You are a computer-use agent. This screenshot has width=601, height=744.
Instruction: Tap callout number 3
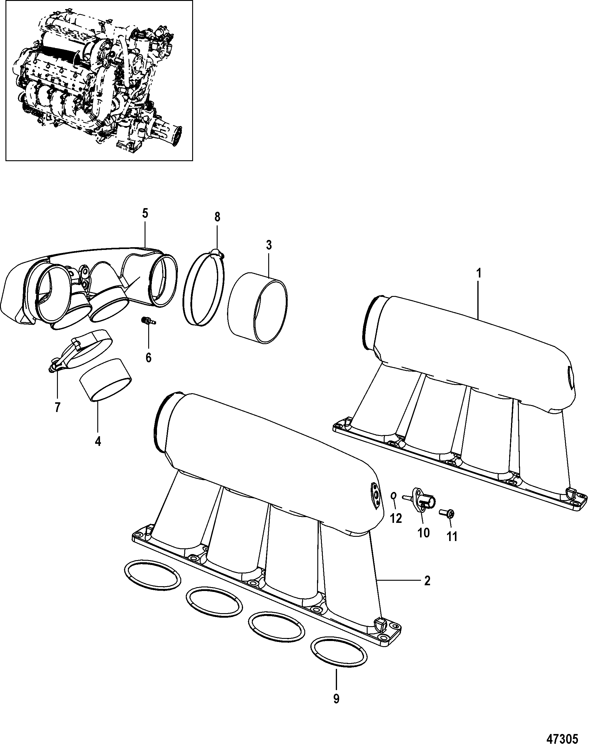tap(269, 245)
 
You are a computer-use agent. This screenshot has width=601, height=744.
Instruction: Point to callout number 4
tap(98, 441)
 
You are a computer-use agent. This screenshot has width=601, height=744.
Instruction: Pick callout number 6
tap(148, 357)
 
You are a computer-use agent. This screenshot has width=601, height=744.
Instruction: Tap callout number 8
tap(217, 217)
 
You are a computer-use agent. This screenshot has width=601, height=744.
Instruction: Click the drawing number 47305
tap(562, 736)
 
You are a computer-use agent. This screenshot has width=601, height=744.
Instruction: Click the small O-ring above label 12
tap(394, 506)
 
